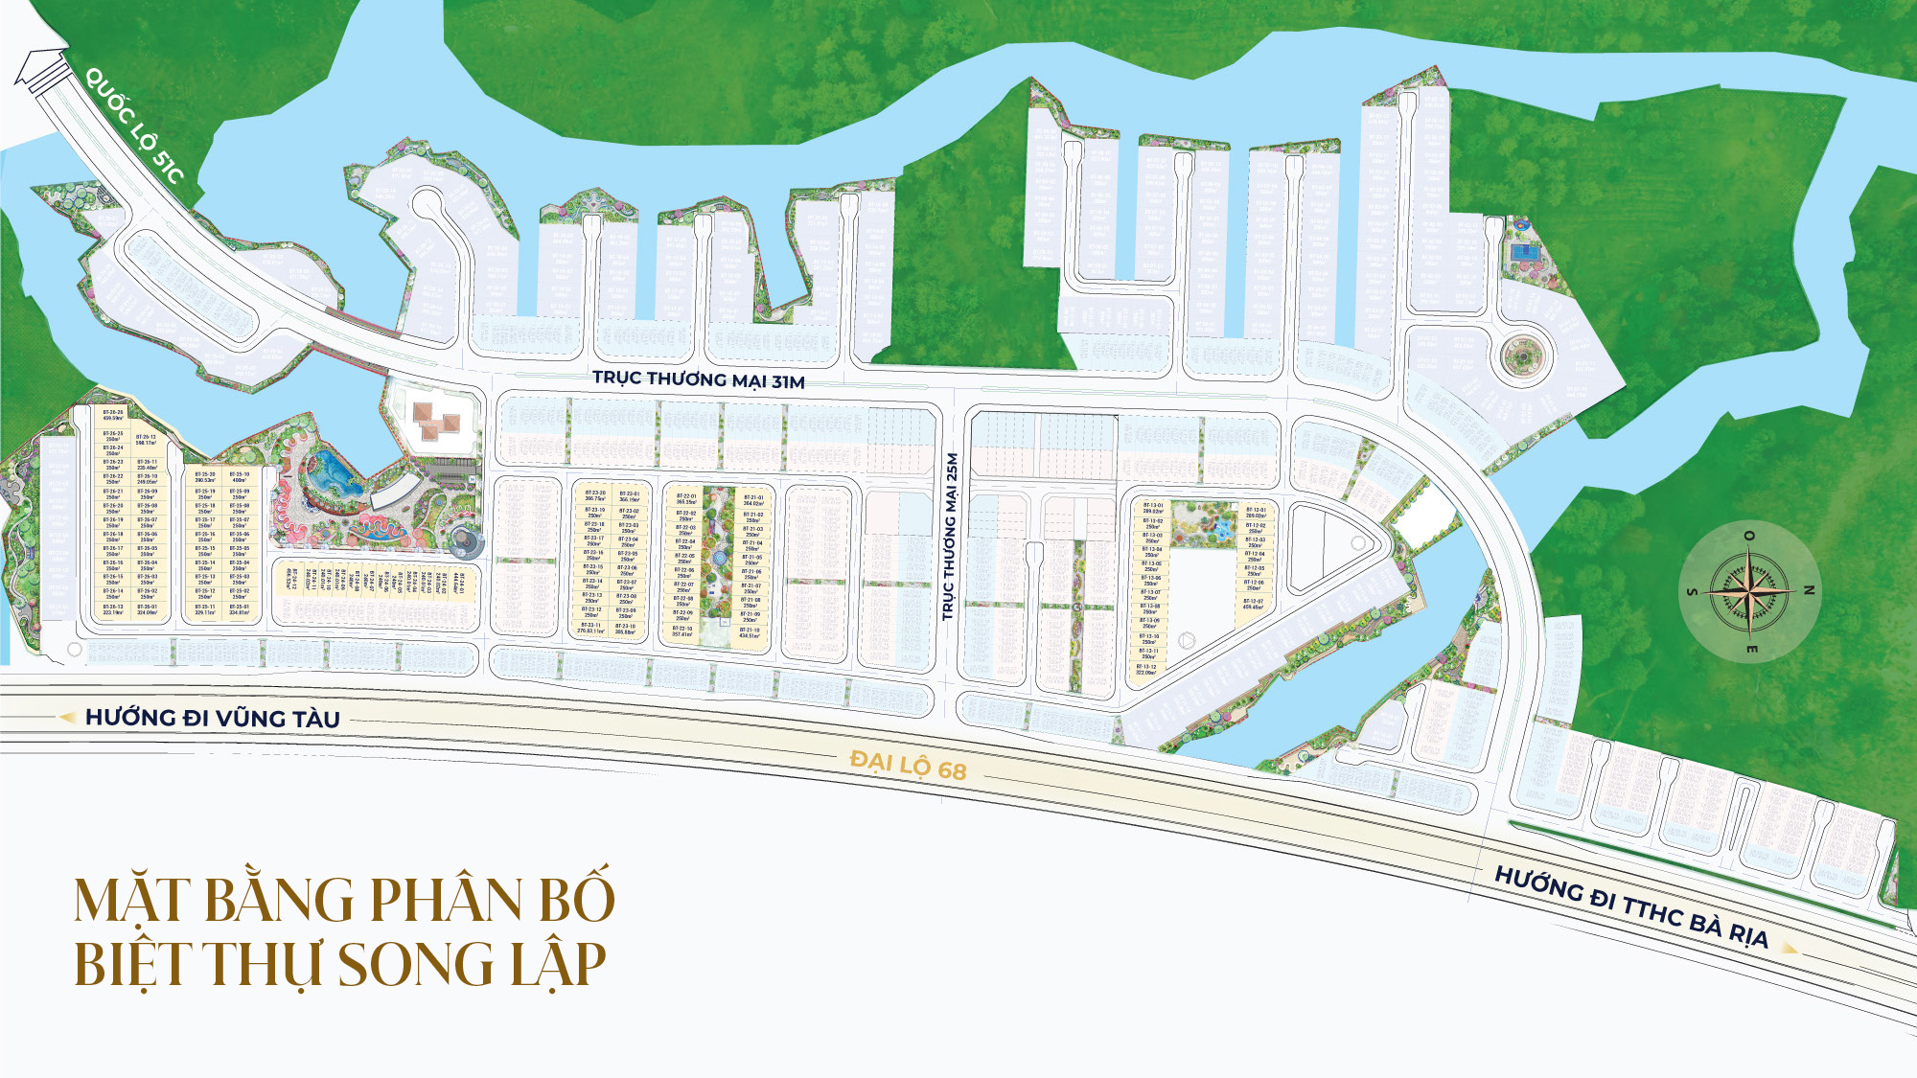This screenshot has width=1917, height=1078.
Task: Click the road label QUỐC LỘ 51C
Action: pos(134,125)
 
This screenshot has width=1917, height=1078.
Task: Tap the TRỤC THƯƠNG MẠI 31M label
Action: pos(698,379)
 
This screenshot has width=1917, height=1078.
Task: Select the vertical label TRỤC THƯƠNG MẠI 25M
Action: pos(950,537)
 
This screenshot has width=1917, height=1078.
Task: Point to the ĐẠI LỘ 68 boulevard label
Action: pos(908,766)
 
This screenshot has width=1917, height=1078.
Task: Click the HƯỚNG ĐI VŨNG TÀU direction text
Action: pos(212,718)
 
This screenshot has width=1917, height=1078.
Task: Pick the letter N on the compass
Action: pos(1809,590)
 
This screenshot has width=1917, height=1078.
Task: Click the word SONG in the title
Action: pos(416,964)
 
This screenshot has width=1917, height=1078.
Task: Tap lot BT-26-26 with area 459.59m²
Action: pos(113,415)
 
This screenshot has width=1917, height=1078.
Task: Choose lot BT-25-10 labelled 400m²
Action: pos(240,477)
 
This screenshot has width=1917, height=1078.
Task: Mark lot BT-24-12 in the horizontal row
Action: pos(291,579)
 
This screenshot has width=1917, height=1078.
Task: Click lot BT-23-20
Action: pos(594,495)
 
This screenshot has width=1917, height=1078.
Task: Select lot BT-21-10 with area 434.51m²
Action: pos(750,632)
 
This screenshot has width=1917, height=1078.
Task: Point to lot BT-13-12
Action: pos(1146,669)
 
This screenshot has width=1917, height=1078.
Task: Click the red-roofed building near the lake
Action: pos(437,420)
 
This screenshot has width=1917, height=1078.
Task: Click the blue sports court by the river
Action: pos(1522,252)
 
